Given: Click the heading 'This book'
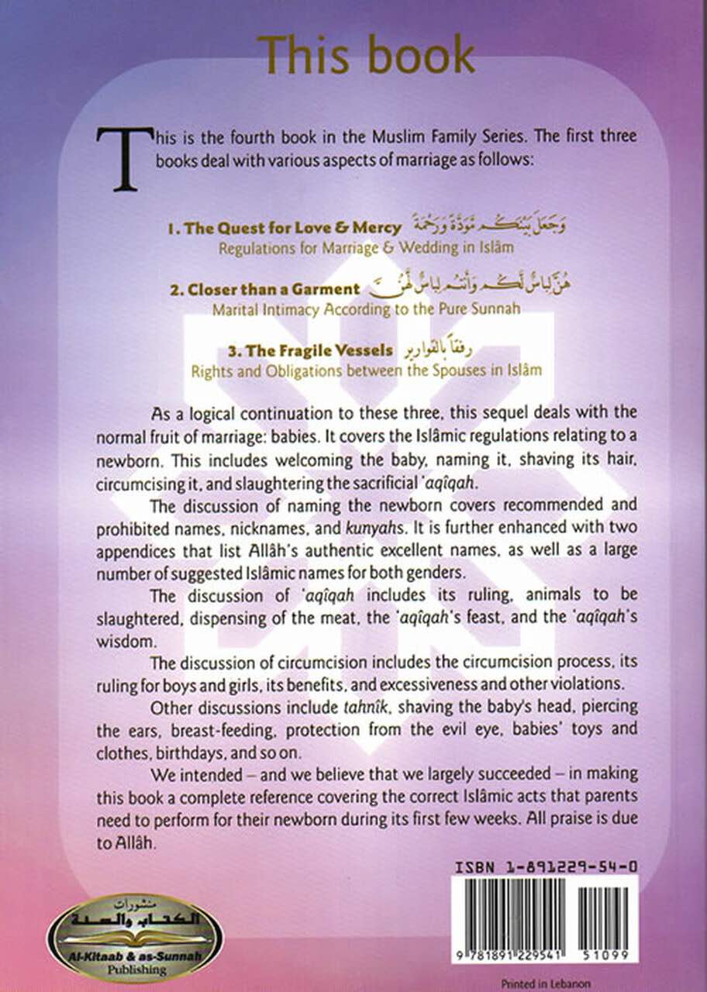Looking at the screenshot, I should (x=366, y=55).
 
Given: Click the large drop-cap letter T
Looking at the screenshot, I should (x=121, y=158).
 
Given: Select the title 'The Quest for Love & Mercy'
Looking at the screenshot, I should (x=285, y=228).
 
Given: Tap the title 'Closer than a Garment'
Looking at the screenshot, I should (x=265, y=289).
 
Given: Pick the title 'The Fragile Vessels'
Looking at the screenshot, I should (x=292, y=350).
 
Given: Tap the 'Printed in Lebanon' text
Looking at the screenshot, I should (x=545, y=983).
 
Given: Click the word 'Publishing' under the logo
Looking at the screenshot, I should (x=135, y=970).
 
